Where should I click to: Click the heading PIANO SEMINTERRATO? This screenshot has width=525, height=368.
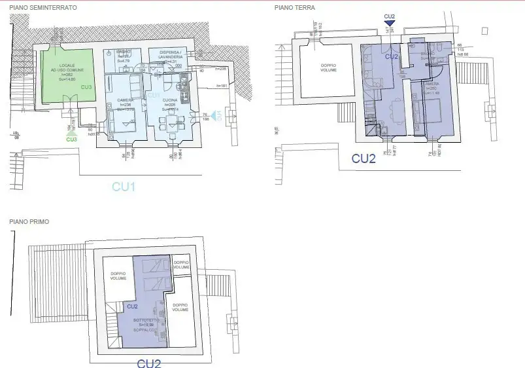[x=43, y=7]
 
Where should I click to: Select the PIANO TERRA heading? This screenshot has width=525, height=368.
[x=295, y=8]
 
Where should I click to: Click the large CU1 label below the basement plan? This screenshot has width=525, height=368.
[x=124, y=187]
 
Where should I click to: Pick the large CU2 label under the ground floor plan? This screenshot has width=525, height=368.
[x=364, y=158]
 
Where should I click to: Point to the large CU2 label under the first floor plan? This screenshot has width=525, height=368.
[x=148, y=363]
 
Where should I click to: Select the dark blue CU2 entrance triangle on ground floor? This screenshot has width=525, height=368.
[x=389, y=24]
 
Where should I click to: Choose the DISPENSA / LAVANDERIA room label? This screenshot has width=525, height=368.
[x=169, y=54]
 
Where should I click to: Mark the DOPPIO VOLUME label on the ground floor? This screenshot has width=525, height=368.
[x=328, y=67]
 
